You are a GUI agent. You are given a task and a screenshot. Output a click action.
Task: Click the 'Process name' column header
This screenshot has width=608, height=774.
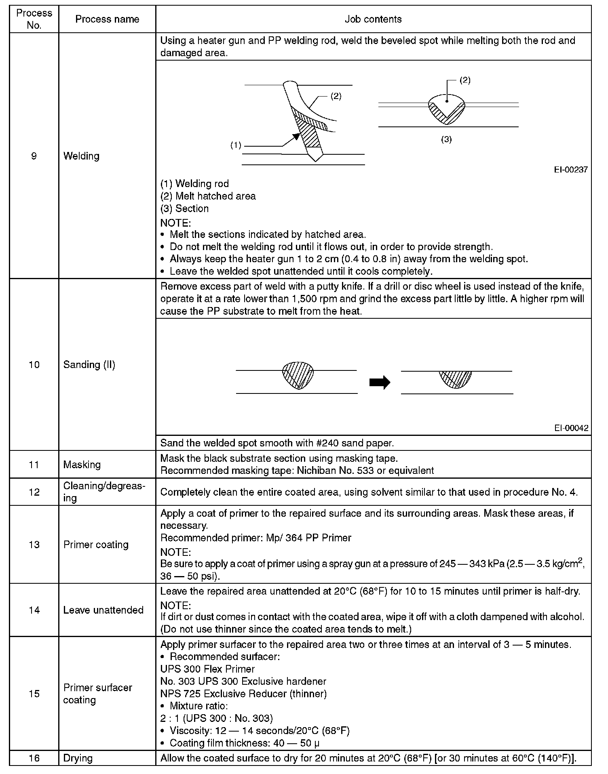(107, 19)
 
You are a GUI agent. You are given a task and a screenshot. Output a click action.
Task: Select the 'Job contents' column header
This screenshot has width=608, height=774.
(373, 19)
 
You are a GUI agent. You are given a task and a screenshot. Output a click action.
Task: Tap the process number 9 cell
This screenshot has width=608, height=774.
(34, 156)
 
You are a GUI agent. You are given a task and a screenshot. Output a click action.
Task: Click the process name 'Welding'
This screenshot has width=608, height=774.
(81, 156)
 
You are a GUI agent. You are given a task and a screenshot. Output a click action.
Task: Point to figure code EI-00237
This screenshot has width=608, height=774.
(571, 170)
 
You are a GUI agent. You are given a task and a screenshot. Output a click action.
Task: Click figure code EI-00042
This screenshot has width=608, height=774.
(571, 428)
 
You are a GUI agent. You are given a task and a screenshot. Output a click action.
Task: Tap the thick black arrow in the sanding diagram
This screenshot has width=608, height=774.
(380, 382)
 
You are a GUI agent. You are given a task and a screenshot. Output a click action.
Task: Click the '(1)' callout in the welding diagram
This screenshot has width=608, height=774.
(236, 145)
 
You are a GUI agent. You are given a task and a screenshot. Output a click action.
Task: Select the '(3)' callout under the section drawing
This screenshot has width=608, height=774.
(446, 139)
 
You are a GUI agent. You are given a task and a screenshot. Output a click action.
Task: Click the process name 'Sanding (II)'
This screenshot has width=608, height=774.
(89, 365)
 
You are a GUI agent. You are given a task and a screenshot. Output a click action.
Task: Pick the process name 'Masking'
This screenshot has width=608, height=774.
(82, 465)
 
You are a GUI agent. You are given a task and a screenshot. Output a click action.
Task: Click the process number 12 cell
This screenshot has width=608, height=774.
(34, 492)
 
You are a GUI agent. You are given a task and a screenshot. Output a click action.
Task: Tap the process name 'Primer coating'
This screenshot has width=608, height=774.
(96, 545)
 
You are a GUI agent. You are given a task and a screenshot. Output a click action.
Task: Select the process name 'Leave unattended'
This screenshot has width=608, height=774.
(103, 610)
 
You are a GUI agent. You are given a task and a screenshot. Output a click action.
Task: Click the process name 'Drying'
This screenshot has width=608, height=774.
(78, 758)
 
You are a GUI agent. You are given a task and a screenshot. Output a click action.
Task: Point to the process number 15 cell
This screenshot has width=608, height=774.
(34, 694)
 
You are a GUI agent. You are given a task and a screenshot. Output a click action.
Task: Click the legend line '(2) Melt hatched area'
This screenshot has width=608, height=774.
(208, 196)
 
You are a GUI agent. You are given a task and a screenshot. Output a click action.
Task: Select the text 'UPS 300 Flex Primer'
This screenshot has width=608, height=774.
(207, 669)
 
